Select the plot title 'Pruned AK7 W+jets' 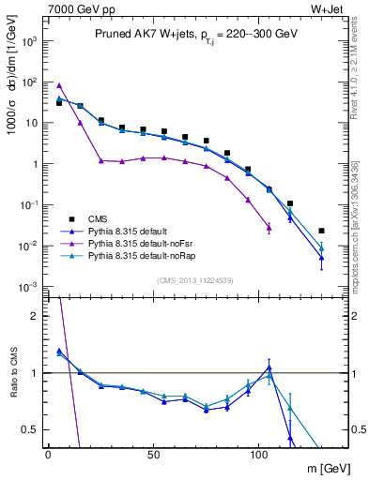click(138, 33)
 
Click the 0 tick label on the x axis click(48, 454)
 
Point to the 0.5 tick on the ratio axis click(31, 429)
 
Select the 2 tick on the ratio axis click(35, 316)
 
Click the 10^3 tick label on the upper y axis click(28, 41)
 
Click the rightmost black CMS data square click(321, 231)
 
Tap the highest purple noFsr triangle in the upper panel click(59, 85)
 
